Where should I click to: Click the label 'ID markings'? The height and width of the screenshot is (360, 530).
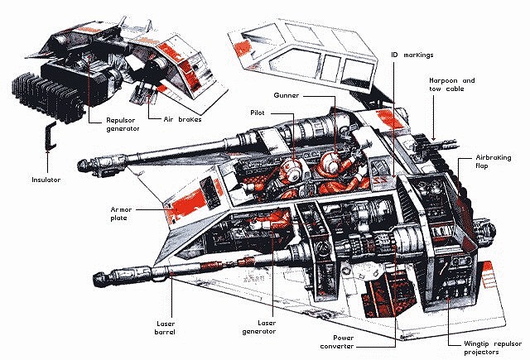[x=412, y=55]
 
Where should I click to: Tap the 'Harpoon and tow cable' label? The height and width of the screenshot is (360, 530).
[x=451, y=85]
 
